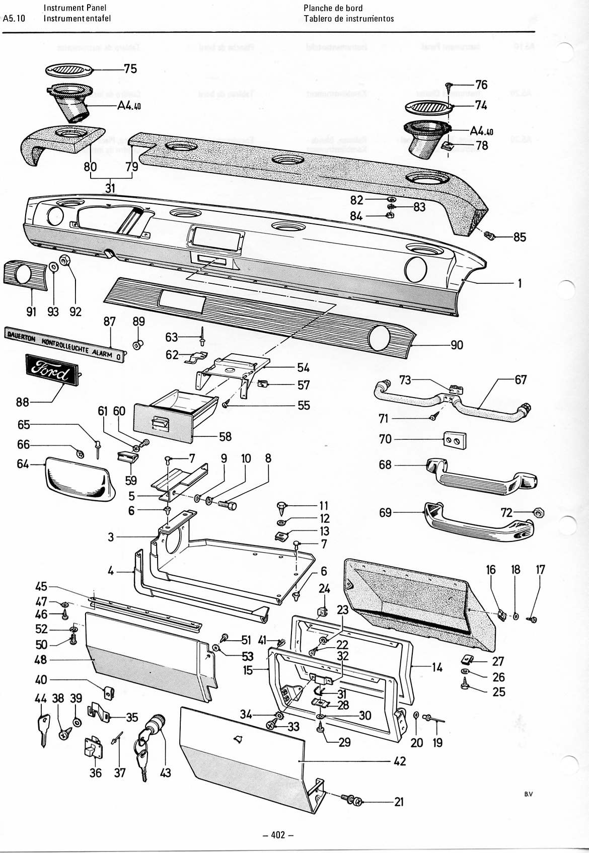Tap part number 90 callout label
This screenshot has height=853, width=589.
(x=457, y=345)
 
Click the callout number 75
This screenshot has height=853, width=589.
(x=130, y=68)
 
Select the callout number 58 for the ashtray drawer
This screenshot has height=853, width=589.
(x=225, y=436)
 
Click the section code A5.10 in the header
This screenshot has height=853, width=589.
(x=14, y=19)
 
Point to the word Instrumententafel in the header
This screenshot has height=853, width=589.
(x=77, y=19)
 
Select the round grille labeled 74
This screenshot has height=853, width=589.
(x=426, y=109)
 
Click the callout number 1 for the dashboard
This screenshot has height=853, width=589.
(x=519, y=283)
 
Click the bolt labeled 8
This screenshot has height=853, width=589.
(x=226, y=502)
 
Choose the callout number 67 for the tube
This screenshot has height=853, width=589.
(x=521, y=379)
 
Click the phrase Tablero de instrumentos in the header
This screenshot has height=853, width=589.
(x=349, y=19)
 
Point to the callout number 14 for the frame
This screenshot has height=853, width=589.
(x=437, y=667)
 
